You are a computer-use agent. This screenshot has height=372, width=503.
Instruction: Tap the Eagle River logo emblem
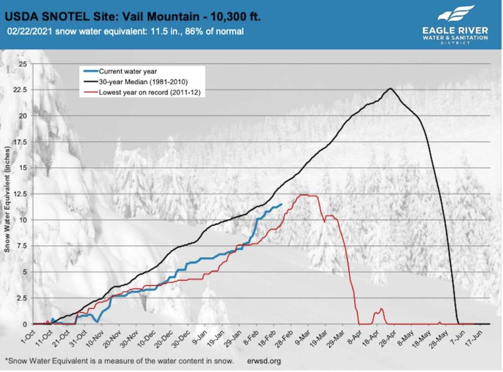point(456,15)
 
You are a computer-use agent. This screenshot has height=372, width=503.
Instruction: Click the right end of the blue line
point(281,205)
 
